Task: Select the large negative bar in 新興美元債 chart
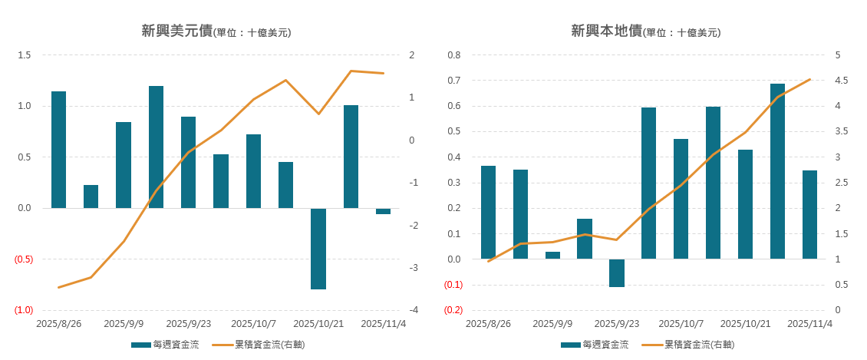point(318,249)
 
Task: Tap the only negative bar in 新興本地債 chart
point(617,273)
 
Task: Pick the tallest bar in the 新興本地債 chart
point(778,170)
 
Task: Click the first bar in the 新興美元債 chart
point(58,150)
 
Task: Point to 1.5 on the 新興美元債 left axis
point(25,55)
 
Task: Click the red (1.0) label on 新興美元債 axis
point(24,310)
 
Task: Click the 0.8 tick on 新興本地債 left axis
point(454,55)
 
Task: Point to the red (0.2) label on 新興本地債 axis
point(453,310)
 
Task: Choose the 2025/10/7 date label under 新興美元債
point(254,324)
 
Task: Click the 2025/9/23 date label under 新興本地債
point(617,324)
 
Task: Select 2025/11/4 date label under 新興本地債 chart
point(810,324)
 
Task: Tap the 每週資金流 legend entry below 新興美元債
point(166,345)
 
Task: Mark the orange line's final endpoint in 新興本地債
point(810,79)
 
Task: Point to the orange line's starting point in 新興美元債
point(58,288)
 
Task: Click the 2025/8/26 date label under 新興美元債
point(59,324)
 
